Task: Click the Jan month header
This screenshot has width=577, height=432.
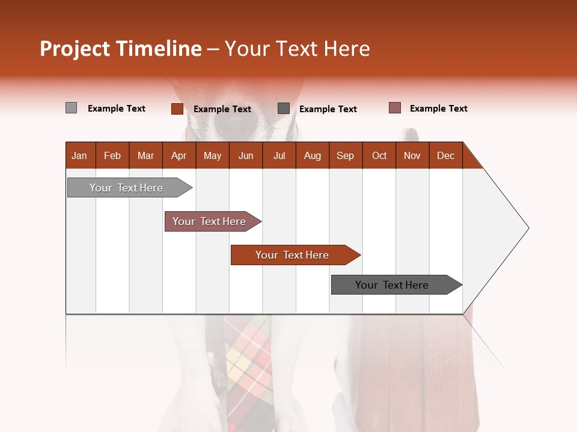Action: click(80, 155)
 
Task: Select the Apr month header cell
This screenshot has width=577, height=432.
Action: click(179, 155)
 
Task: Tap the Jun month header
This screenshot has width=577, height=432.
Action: click(245, 155)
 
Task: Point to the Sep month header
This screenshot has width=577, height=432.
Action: click(345, 155)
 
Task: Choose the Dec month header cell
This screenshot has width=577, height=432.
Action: click(445, 155)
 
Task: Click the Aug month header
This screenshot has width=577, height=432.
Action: click(312, 155)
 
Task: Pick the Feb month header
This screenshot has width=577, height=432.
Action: click(112, 155)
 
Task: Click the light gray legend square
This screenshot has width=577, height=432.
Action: click(71, 108)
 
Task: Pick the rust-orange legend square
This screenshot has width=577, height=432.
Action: click(177, 109)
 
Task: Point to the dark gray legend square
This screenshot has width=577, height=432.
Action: click(284, 109)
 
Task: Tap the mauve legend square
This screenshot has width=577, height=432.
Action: click(394, 108)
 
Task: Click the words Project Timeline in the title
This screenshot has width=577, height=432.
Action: click(120, 49)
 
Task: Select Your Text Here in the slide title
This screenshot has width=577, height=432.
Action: click(297, 49)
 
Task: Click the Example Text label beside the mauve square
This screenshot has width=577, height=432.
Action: click(438, 109)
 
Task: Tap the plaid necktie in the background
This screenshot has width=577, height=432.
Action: click(249, 366)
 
